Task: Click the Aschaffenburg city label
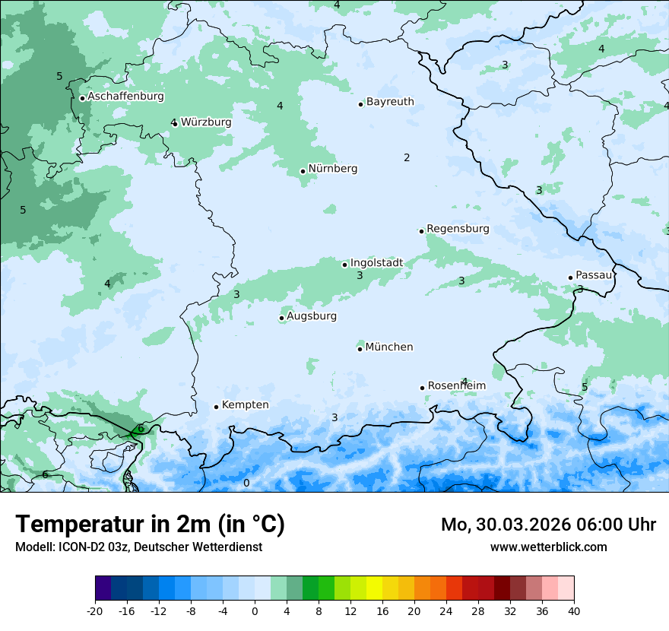[x=125, y=97]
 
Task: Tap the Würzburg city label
[x=206, y=122]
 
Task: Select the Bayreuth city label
[x=390, y=101]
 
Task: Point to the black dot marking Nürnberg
[x=303, y=171]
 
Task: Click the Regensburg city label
[x=458, y=228]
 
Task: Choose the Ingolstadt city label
[x=376, y=263]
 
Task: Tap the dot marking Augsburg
[x=281, y=318]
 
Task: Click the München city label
[x=389, y=347]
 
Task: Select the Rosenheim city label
[x=456, y=385]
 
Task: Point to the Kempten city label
[x=245, y=404]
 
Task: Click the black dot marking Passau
[x=570, y=277]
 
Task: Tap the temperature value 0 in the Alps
[x=246, y=483]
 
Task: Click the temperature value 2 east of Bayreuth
[x=407, y=157]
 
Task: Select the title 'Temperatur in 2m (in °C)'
[x=150, y=524]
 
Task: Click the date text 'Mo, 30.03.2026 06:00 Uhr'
[x=548, y=525]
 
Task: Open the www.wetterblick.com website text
[x=548, y=547]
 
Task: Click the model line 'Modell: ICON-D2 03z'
[x=138, y=547]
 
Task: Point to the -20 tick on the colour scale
[x=95, y=610]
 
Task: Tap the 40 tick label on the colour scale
[x=573, y=610]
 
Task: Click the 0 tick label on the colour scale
[x=255, y=610]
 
